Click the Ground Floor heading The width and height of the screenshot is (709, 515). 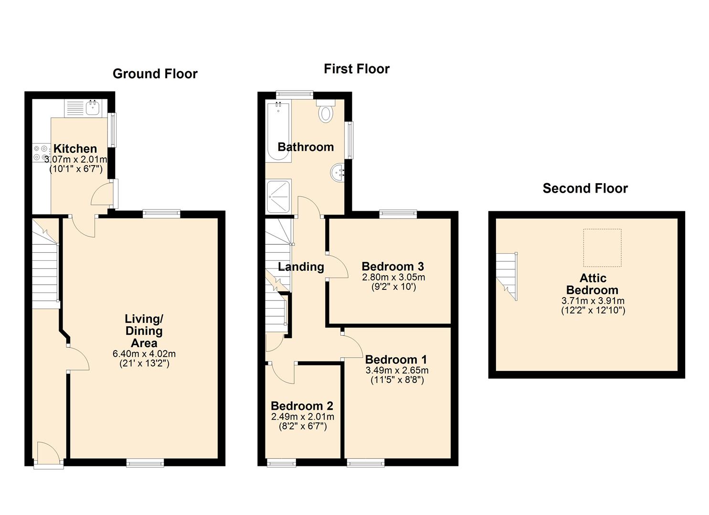pos(155,74)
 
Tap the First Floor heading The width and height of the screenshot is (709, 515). pos(357,69)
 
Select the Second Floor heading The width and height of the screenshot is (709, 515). pos(585,188)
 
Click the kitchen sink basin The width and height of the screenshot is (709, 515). pos(93,108)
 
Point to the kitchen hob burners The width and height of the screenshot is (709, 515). pos(41,153)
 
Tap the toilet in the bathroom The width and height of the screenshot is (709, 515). pos(326,111)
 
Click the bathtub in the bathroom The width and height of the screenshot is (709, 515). pos(278,132)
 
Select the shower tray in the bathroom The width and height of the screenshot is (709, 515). pos(278,196)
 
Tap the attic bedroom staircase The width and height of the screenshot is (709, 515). pos(507,276)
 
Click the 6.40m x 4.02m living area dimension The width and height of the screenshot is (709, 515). pos(144,354)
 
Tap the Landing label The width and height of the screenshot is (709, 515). pos(301,267)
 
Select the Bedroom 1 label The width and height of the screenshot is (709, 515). pos(396,360)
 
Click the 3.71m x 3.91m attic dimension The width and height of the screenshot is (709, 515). pos(593,300)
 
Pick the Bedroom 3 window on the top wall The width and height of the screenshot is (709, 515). pos(398,214)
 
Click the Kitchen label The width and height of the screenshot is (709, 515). pos(75,149)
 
